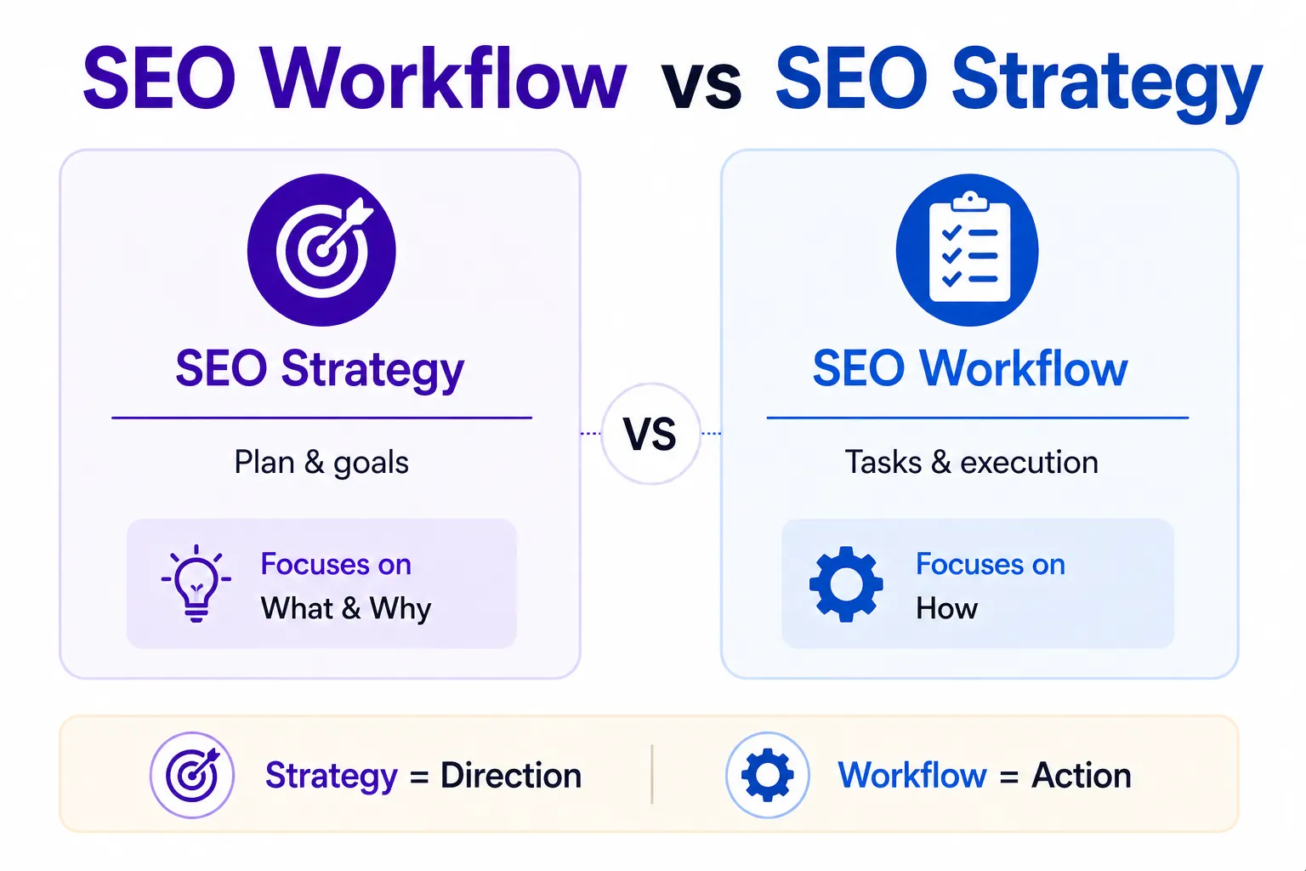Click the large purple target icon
pos(321,250)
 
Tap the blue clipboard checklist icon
pos(968,250)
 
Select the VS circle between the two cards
pos(650,434)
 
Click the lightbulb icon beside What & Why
pos(196,584)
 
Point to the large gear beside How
pos(846,584)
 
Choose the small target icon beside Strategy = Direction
pos(192,775)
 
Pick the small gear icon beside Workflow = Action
pos(767,775)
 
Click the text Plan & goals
pos(321,463)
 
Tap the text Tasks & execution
pos(971,463)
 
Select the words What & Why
pos(346,609)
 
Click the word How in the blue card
pos(946,609)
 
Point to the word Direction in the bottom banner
pos(511,776)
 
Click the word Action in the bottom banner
pos(1081,776)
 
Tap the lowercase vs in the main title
pos(701,85)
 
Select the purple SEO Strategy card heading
pos(320,369)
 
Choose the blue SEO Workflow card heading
pos(970,369)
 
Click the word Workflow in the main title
pos(444,79)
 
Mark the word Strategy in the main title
pos(1106,83)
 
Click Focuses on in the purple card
pos(336,565)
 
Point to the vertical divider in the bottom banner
pos(652,774)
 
